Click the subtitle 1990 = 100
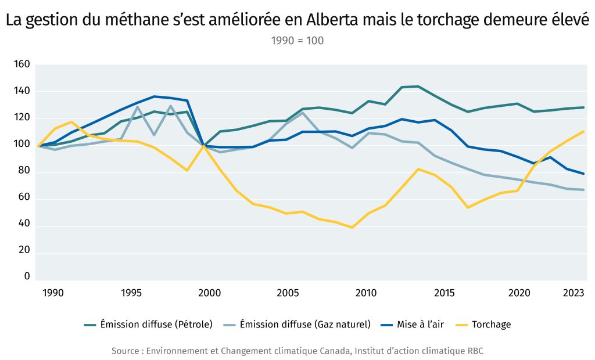point(297,41)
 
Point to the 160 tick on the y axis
point(21,64)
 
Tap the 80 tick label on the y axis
point(24,172)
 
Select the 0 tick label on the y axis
point(27,276)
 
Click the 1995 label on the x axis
point(131,293)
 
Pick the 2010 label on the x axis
point(366,293)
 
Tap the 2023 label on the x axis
point(574,293)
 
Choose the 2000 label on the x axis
point(209,293)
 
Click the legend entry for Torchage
point(491,325)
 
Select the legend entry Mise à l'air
point(420,325)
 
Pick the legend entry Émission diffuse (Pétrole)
point(156,325)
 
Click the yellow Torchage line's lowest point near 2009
point(352,227)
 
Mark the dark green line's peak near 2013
point(418,87)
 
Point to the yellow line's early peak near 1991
point(71,122)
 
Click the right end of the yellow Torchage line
point(583,131)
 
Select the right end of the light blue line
point(583,190)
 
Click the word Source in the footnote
point(125,351)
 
